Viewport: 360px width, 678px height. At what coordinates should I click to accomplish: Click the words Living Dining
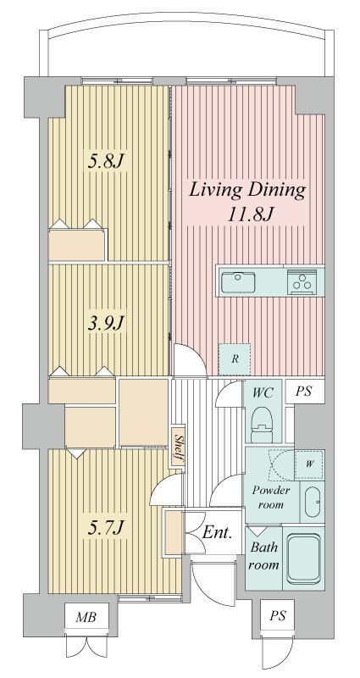tap(247, 190)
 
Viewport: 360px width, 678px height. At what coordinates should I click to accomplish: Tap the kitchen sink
tap(238, 283)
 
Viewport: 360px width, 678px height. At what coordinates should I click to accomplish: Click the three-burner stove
tap(302, 282)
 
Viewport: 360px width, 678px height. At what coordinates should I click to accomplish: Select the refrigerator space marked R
tap(235, 359)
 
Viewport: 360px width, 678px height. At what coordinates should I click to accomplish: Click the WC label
tap(263, 393)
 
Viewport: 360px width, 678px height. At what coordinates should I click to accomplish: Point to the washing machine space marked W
tap(309, 464)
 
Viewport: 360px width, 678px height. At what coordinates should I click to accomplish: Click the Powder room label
tap(271, 497)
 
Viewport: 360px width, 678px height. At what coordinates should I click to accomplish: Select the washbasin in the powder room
tap(312, 502)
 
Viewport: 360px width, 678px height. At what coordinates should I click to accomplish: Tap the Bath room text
tap(264, 556)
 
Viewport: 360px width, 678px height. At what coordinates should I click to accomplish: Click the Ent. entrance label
tap(218, 532)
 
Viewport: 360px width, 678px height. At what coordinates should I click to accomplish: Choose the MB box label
tap(86, 617)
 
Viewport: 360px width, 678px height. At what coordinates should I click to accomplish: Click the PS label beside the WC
tap(303, 392)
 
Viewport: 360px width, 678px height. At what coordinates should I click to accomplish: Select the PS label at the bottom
tap(278, 616)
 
